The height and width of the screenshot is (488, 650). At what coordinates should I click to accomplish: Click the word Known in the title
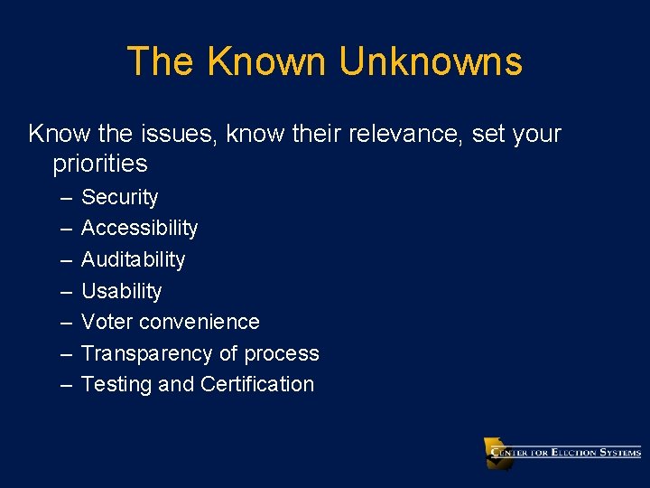265,61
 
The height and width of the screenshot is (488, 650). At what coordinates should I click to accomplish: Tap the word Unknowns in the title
431,61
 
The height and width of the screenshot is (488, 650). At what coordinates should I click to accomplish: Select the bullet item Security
119,198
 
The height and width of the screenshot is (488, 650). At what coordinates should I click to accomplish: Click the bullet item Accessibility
139,229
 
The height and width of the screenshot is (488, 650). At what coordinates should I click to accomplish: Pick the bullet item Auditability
133,260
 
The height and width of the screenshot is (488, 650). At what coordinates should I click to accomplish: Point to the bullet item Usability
121,291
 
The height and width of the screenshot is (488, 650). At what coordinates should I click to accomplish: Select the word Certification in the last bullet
257,384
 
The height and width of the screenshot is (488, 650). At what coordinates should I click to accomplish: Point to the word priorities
99,164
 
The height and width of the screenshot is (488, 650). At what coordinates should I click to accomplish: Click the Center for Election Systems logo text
566,453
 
